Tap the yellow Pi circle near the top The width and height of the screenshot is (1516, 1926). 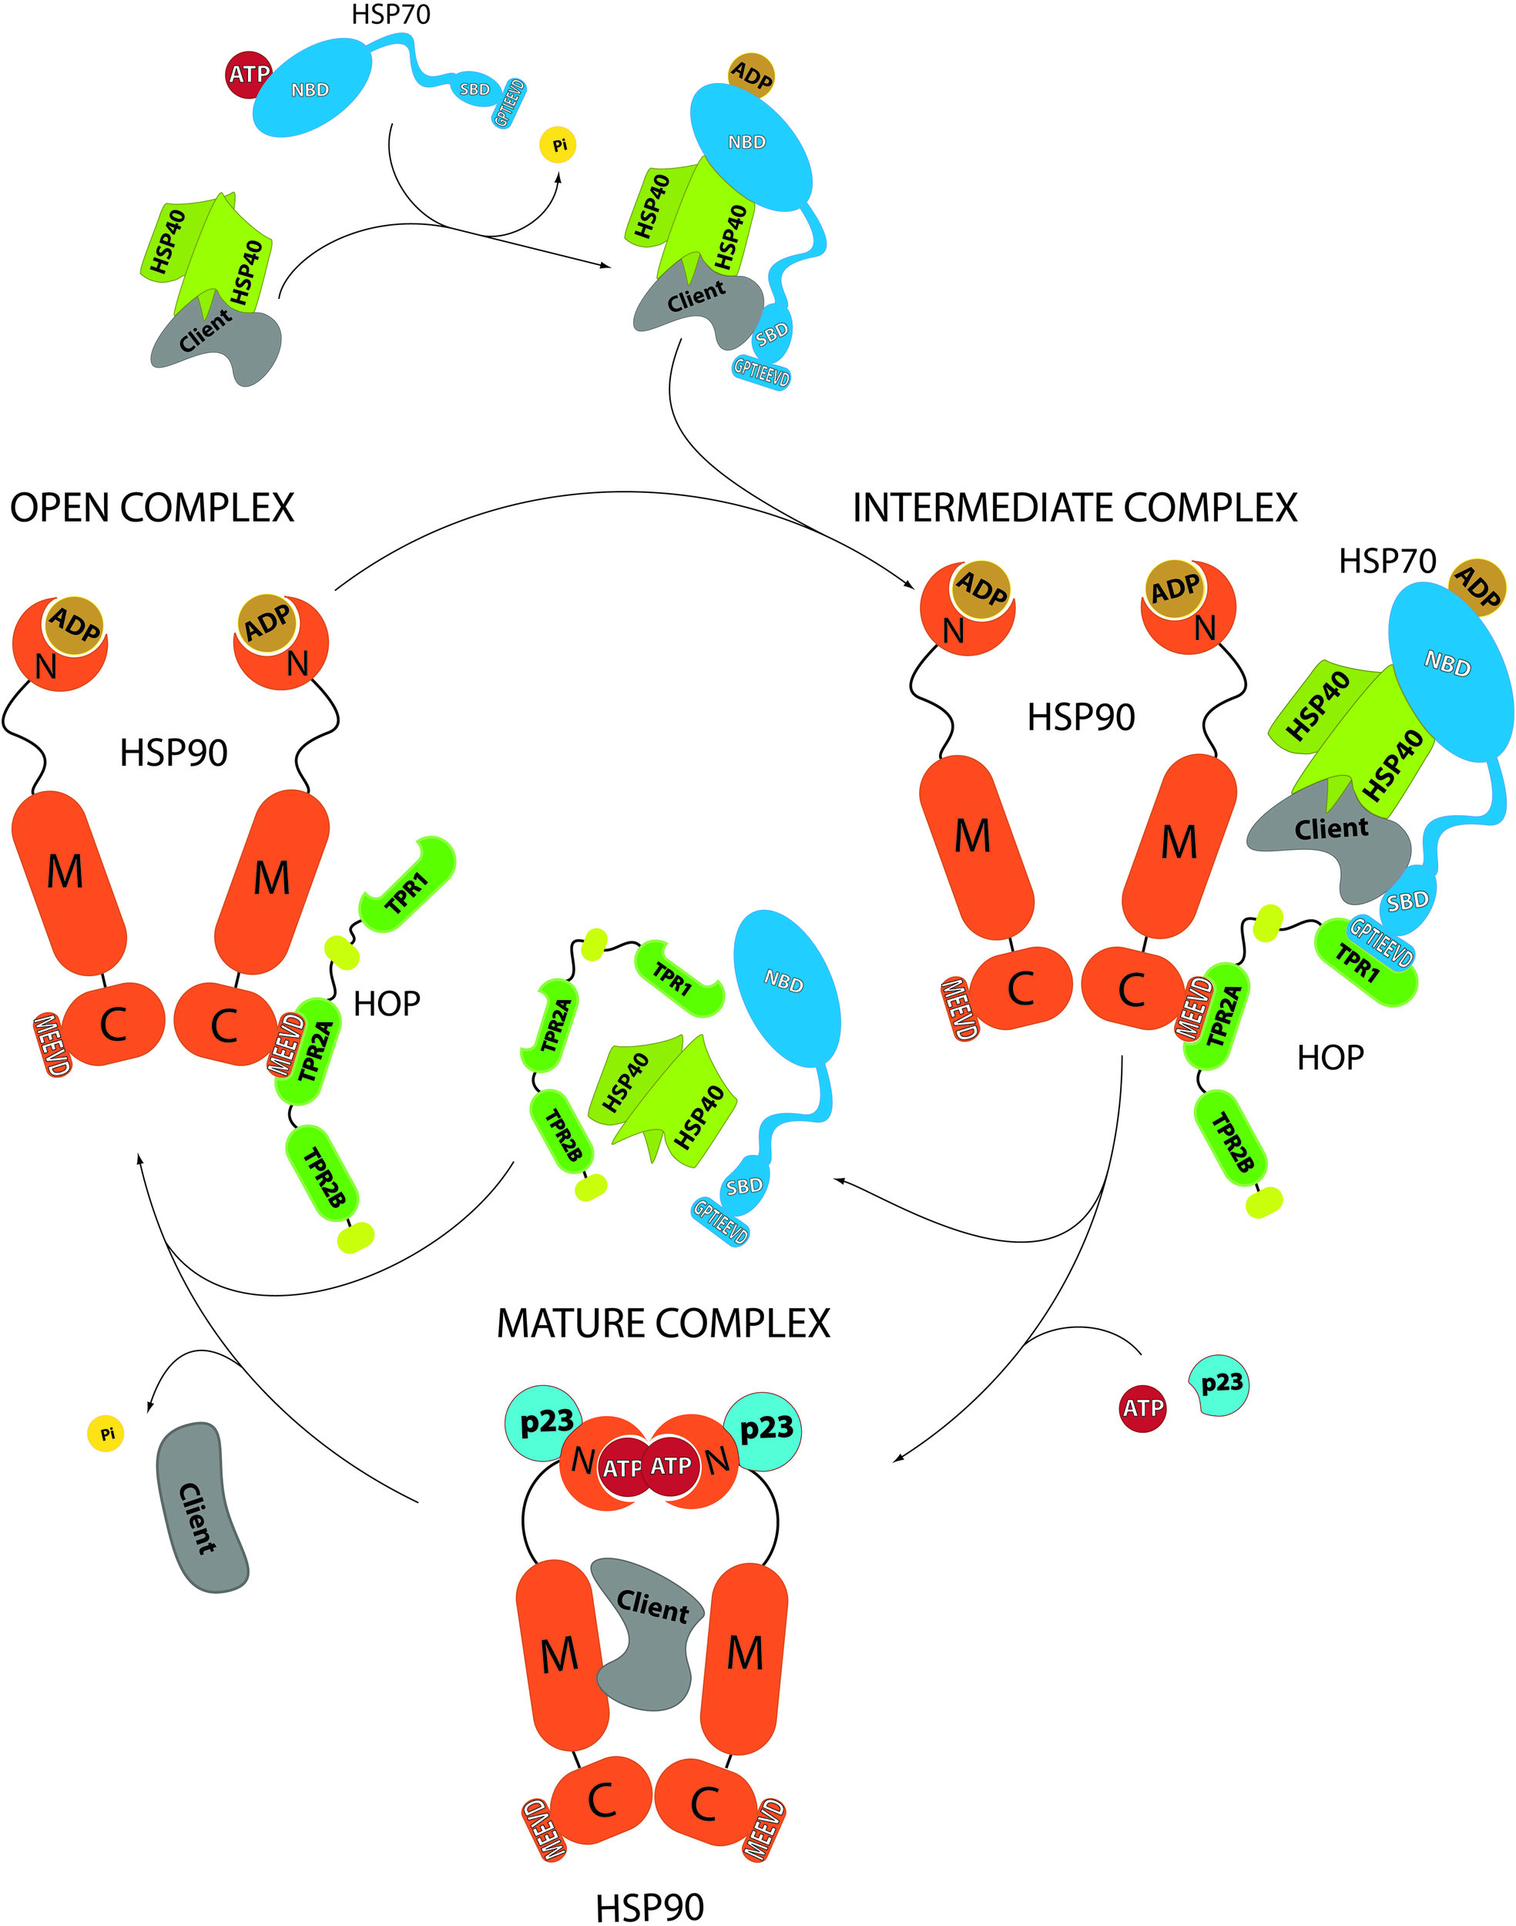pyautogui.click(x=558, y=145)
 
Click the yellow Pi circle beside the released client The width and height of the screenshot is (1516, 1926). pyautogui.click(x=106, y=1434)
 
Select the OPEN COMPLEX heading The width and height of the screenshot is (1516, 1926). pyautogui.click(x=152, y=508)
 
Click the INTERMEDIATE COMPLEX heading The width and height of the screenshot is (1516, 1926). pyautogui.click(x=1074, y=508)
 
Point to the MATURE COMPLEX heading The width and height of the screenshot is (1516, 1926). pyautogui.click(x=662, y=1324)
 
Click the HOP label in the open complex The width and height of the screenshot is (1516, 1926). pyautogui.click(x=386, y=1004)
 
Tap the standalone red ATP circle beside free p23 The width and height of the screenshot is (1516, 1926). pyautogui.click(x=1142, y=1408)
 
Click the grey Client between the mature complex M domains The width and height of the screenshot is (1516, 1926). pyautogui.click(x=648, y=1633)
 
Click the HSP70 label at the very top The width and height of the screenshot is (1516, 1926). pyautogui.click(x=391, y=15)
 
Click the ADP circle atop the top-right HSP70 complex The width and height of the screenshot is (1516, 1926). pyautogui.click(x=751, y=76)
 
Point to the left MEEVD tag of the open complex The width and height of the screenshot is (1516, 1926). pyautogui.click(x=51, y=1045)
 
